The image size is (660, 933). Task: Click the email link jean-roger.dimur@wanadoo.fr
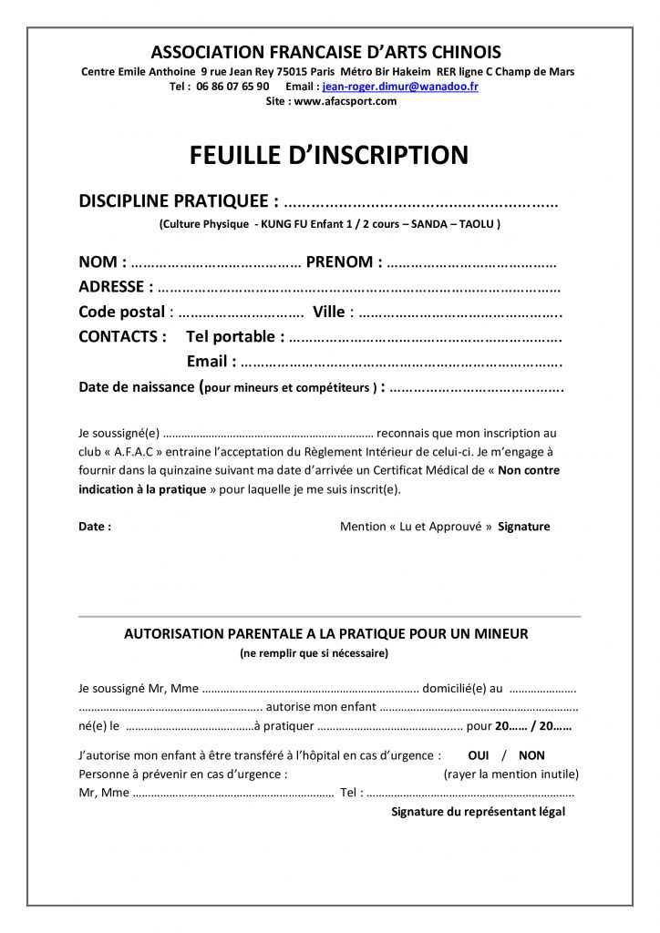click(400, 87)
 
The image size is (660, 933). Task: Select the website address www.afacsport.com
click(345, 101)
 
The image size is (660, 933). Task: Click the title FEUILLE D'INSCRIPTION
click(329, 156)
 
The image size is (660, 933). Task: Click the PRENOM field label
click(340, 262)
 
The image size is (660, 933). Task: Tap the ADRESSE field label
click(111, 287)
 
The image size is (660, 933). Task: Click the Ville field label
click(328, 312)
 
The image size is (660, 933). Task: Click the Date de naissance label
click(136, 387)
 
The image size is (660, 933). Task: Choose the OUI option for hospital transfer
click(479, 755)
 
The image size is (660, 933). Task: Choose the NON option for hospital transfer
click(531, 755)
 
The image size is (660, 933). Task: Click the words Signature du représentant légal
click(478, 811)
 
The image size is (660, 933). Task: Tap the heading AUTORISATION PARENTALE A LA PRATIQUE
click(325, 633)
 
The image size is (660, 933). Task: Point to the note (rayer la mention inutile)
click(511, 774)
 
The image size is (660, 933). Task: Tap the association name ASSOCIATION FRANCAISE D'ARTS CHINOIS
click(325, 52)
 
